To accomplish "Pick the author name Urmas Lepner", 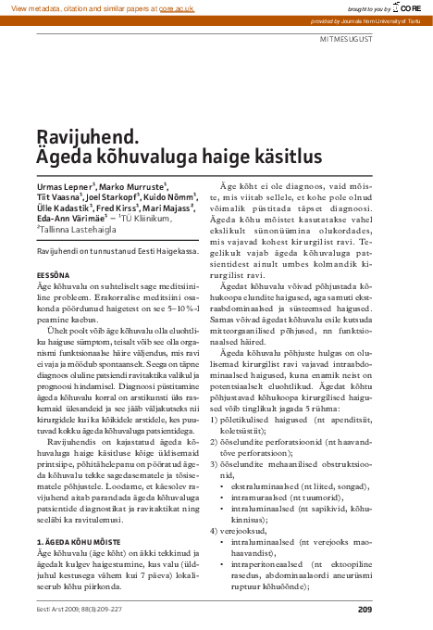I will [x=63, y=187].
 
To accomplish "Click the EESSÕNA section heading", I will [x=52, y=275].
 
